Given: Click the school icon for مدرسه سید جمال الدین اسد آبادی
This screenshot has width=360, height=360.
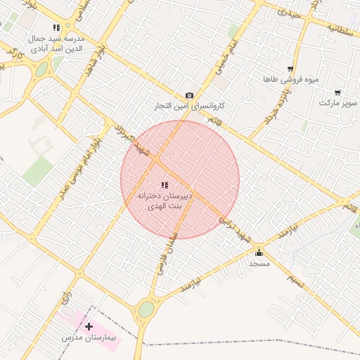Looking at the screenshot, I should (x=57, y=27).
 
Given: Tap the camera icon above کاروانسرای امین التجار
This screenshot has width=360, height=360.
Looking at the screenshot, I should (x=189, y=95).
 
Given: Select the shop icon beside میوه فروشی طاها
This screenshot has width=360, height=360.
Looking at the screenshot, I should (x=290, y=68).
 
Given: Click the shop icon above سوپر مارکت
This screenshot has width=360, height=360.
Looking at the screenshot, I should (x=337, y=92).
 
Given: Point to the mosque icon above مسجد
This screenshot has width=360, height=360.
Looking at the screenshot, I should (x=259, y=252).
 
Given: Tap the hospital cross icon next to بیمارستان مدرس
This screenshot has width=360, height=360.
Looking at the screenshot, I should (x=89, y=327).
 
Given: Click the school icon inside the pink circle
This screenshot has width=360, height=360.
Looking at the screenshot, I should (x=164, y=185).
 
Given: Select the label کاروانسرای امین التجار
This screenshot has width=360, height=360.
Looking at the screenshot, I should (x=190, y=106).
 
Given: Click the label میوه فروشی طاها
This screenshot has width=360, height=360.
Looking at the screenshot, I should (x=290, y=79).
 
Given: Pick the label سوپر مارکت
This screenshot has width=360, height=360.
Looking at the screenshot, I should (x=337, y=103).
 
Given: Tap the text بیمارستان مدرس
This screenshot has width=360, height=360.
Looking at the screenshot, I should (x=88, y=339).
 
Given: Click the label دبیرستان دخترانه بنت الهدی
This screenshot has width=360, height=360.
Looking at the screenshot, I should (x=163, y=200).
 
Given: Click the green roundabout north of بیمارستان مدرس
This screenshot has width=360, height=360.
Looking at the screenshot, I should (x=146, y=309).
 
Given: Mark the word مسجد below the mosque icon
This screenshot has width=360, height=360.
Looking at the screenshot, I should (x=259, y=263).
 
